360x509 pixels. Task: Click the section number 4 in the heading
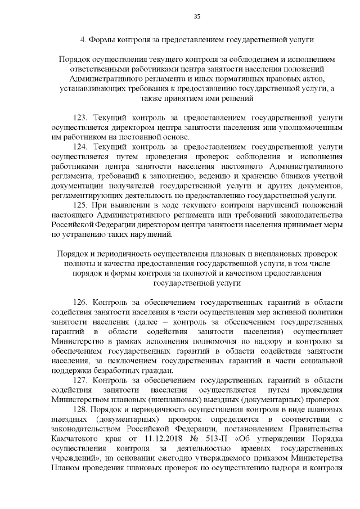[x=83, y=40]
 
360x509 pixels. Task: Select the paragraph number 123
[x=81, y=118]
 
